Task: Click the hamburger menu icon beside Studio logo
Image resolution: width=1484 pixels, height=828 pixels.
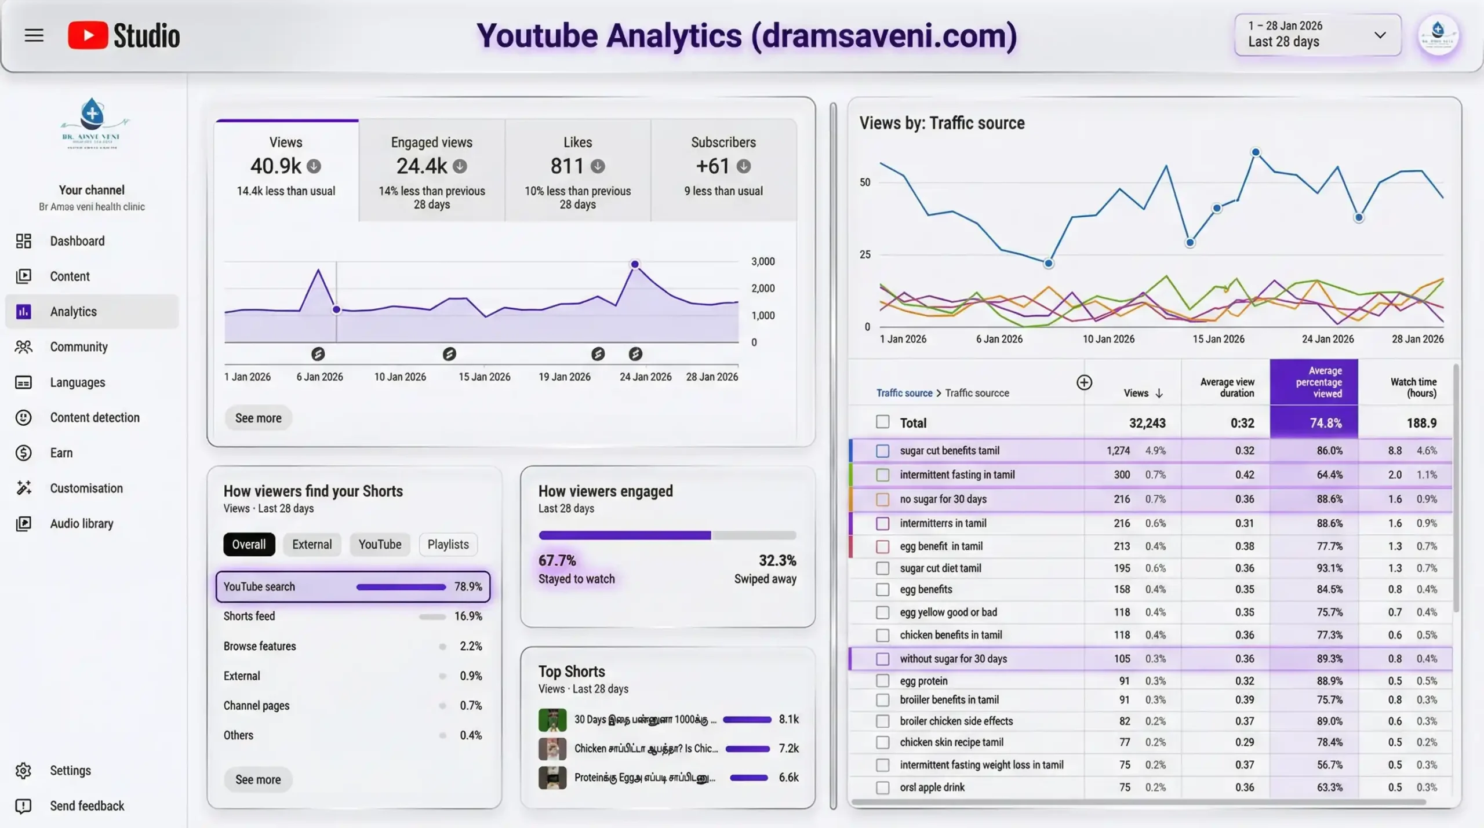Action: [x=34, y=35]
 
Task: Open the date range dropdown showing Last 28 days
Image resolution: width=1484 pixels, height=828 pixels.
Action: [x=1317, y=35]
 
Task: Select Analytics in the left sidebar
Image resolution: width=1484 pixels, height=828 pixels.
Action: [x=73, y=312]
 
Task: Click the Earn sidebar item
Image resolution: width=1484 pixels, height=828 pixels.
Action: [x=61, y=453]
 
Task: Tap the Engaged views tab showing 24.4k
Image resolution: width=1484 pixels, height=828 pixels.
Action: [x=432, y=170]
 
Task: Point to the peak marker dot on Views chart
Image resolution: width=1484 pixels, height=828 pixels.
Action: [x=635, y=264]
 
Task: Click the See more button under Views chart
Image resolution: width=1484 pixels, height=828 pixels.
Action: [x=258, y=418]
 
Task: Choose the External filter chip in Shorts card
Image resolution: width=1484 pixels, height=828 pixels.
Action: [x=312, y=545]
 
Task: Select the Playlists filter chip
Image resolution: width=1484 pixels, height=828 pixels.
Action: [x=448, y=545]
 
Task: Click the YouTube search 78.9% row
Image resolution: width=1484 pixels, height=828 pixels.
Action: [x=352, y=586]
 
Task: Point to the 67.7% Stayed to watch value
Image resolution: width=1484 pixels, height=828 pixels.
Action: [x=557, y=560]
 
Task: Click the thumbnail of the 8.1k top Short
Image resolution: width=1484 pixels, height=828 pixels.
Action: [x=552, y=720]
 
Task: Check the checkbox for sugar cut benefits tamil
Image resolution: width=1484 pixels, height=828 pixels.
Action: [x=882, y=451]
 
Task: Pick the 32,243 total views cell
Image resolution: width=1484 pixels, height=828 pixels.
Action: [x=1147, y=423]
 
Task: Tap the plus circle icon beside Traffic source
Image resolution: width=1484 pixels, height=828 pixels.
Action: [x=1084, y=382]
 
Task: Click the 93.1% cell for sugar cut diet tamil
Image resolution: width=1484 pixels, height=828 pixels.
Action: [x=1329, y=568]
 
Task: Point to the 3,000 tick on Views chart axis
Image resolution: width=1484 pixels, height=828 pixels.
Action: [x=762, y=261]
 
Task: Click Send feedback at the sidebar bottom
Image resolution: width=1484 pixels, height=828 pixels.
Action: [x=86, y=806]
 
